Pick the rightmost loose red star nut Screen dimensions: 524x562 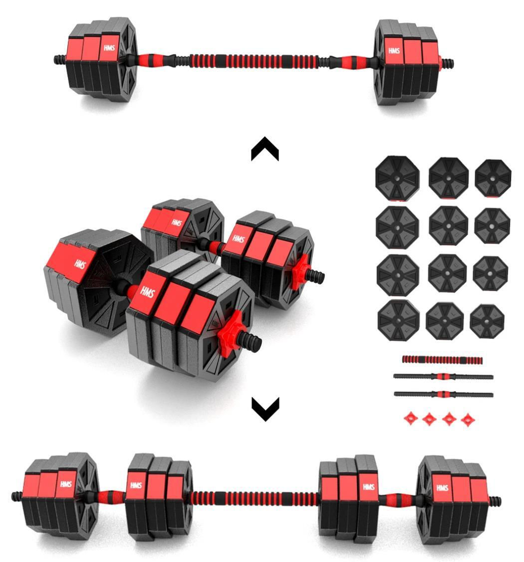(467, 419)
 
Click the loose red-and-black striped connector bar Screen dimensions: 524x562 (442, 360)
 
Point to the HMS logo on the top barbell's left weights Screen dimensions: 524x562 (109, 48)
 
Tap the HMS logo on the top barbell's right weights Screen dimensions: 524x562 (394, 50)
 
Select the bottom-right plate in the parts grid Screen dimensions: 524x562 (487, 322)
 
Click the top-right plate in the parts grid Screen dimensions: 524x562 (493, 178)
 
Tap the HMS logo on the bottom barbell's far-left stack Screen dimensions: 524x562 (66, 484)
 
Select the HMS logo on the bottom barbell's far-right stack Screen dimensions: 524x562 (442, 488)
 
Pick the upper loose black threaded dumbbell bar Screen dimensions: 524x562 (443, 376)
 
